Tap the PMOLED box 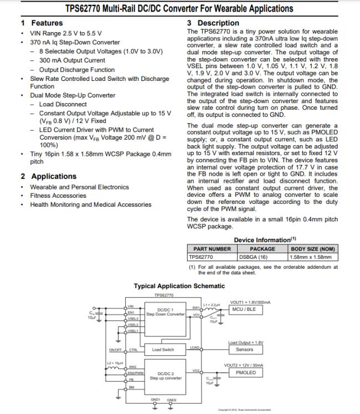click(246, 373)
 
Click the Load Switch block click(163, 350)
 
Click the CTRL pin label click(133, 350)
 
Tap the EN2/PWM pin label click(135, 373)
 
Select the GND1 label click(156, 400)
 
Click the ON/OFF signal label click(115, 350)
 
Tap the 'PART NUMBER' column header click(212, 249)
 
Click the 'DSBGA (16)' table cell click(253, 257)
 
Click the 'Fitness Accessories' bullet click(58, 196)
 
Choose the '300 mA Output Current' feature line click(72, 60)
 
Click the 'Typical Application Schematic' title click(179, 286)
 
